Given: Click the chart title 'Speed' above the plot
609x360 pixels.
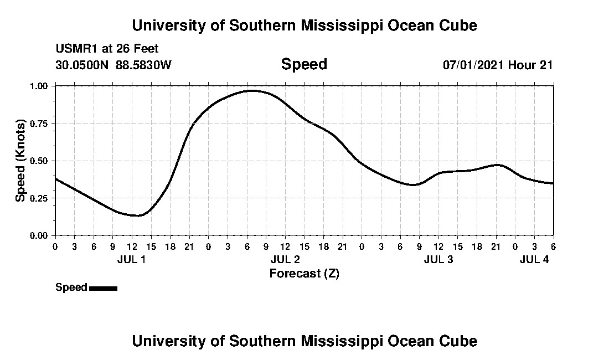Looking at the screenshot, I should click(304, 64).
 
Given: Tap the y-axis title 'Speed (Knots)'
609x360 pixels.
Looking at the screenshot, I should click(20, 160).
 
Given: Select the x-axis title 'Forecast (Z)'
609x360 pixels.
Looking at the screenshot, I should click(304, 273).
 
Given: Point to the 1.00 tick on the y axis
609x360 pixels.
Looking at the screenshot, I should click(39, 86).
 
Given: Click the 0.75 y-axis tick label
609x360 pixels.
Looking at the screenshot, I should click(39, 124).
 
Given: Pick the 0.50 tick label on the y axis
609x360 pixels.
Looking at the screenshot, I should click(39, 161).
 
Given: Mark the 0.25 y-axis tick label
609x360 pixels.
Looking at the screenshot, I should click(39, 198).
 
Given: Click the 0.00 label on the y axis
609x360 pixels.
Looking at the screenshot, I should click(39, 235).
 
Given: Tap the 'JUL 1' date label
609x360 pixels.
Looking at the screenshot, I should click(132, 259).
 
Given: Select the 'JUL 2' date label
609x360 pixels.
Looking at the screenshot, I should click(285, 259).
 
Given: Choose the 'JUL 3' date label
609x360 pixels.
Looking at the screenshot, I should click(438, 259).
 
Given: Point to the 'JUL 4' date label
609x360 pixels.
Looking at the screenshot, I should click(534, 259).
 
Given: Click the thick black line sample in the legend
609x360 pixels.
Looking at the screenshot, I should click(103, 288).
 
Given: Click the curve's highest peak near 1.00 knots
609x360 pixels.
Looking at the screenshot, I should click(252, 90).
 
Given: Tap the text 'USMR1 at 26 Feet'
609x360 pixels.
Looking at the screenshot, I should click(107, 49).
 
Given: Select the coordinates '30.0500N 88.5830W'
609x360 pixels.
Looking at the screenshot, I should click(113, 65).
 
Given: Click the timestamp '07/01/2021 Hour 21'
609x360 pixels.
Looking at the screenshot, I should click(497, 65).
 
